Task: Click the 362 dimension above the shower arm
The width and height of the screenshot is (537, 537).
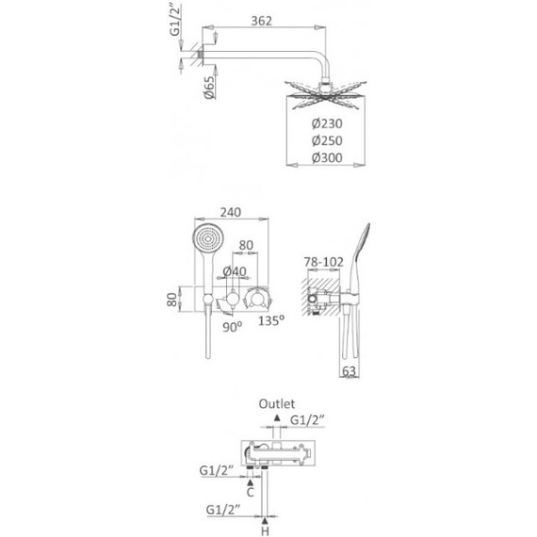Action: point(261,21)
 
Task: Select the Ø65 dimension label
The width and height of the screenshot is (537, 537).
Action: point(209,88)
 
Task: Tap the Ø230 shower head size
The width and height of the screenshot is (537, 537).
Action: point(327,123)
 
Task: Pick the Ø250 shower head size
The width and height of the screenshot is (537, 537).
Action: point(327,140)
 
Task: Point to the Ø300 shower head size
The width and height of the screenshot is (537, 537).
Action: point(327,158)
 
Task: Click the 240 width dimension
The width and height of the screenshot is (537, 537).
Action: point(231,212)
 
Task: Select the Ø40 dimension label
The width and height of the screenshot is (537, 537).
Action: point(235,271)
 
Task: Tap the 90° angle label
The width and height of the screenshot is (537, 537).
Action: point(233,327)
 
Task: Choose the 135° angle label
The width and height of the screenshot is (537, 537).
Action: point(271,320)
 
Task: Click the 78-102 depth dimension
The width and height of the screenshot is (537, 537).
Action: point(324,262)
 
